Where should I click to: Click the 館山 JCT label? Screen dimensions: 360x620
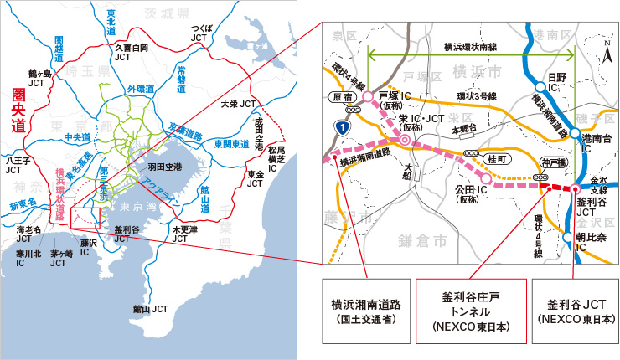[151, 309]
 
